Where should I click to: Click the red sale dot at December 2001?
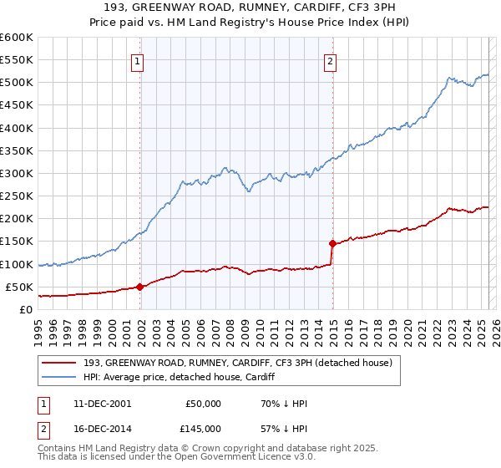point(140,287)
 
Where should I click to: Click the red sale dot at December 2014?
point(332,244)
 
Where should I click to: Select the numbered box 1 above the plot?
point(136,60)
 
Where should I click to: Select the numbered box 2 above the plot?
point(331,60)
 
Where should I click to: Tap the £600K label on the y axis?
point(16,38)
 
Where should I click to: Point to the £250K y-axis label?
point(16,196)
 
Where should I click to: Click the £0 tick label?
point(27,309)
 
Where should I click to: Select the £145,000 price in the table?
point(203,429)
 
